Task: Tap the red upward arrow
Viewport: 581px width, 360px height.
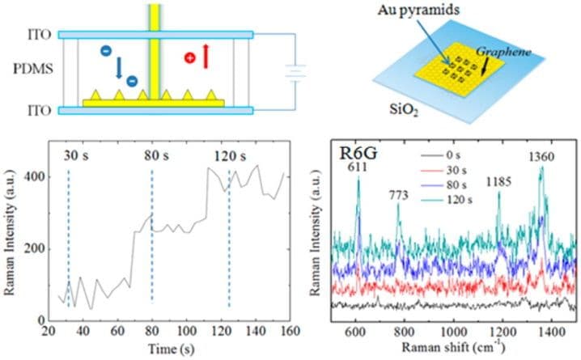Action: [206, 57]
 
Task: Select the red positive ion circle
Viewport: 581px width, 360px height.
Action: [189, 58]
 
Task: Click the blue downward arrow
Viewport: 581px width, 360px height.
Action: [119, 66]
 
